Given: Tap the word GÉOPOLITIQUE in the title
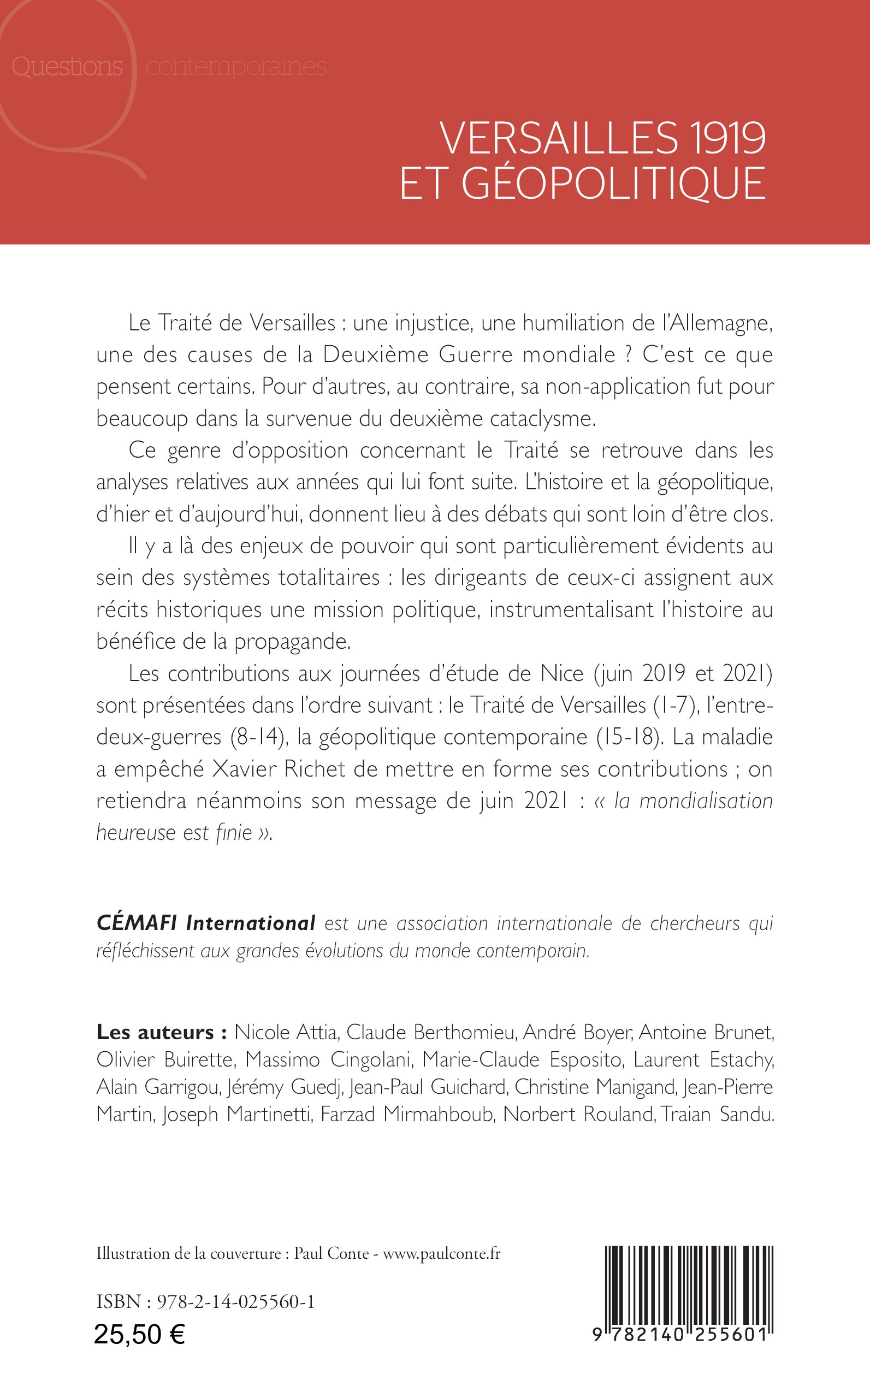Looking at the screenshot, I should [613, 183].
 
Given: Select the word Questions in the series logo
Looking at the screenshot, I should [67, 67].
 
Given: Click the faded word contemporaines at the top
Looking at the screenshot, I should [236, 67].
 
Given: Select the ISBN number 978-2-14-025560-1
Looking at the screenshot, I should [236, 1302].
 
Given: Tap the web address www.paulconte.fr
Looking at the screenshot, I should [442, 1254].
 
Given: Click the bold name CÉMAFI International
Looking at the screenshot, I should [206, 923].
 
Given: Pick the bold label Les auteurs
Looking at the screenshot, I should [162, 1032].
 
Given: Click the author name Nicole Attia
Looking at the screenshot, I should [286, 1032].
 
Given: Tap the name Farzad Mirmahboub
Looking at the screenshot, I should [407, 1115].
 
